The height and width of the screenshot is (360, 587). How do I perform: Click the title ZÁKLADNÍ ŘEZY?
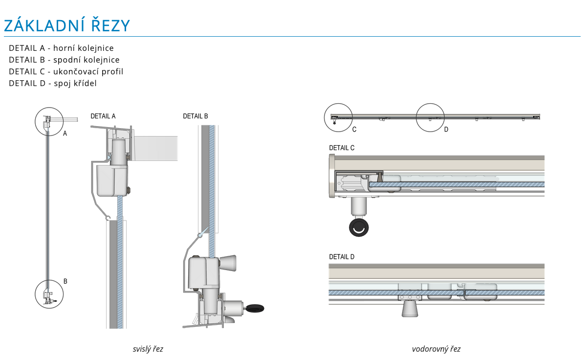click(67, 25)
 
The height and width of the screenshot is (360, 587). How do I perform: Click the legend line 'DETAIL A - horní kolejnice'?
click(61, 48)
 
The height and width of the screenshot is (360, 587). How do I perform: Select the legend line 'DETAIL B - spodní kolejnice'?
click(64, 60)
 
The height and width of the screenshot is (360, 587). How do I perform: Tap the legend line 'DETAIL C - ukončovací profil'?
click(66, 71)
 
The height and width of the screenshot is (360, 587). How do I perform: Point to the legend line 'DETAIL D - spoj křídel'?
click(53, 83)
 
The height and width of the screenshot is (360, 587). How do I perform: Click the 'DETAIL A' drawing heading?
click(103, 116)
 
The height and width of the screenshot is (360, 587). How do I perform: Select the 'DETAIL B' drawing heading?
click(196, 116)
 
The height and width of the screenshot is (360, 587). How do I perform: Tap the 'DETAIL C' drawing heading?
click(342, 148)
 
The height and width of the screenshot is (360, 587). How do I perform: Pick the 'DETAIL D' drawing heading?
click(342, 257)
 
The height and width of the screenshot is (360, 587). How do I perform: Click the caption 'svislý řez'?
click(148, 349)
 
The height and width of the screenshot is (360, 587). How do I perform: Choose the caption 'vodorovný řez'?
click(436, 349)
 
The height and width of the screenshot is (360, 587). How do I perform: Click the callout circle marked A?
click(49, 121)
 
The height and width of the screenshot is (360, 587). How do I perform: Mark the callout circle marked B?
click(49, 294)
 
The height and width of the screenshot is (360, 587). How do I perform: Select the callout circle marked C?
click(339, 118)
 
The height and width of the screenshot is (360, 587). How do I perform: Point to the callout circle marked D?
click(430, 117)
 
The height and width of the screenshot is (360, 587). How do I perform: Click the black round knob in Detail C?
click(359, 227)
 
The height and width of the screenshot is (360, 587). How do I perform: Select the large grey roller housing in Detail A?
click(112, 180)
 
